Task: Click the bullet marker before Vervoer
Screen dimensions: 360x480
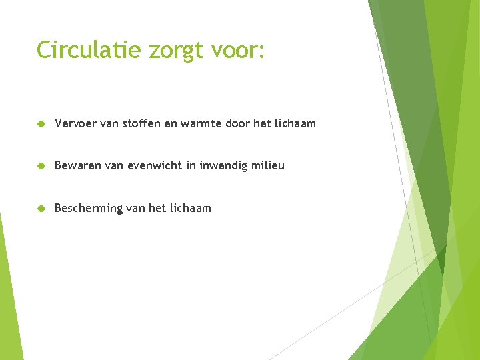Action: (x=41, y=124)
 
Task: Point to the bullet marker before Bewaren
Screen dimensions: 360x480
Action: (x=41, y=166)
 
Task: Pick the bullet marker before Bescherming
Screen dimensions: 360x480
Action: (x=41, y=209)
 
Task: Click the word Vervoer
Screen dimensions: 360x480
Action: (x=75, y=123)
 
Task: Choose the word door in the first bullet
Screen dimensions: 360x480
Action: (x=238, y=123)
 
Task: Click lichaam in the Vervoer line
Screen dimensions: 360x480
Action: (x=294, y=123)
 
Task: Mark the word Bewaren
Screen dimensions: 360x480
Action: (x=76, y=165)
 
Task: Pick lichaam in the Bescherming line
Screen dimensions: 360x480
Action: (x=190, y=208)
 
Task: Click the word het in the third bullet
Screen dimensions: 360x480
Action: (x=157, y=208)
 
